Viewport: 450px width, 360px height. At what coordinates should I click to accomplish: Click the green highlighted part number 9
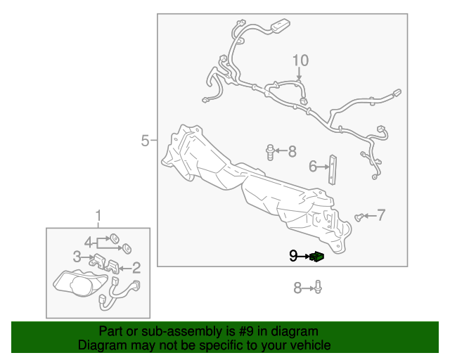pos(317,256)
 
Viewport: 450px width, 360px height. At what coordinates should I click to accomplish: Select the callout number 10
pos(300,60)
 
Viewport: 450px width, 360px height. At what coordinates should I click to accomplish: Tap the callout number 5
pos(146,141)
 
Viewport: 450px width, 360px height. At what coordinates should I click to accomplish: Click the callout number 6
pos(312,167)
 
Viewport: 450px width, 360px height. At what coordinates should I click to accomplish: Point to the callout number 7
pos(380,215)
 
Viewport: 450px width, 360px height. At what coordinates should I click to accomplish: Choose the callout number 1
pos(98,216)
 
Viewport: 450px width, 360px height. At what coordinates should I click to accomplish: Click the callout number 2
pos(136,268)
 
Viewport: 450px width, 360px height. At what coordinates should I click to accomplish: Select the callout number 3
pos(77,257)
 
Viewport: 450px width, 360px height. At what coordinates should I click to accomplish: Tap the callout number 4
pos(89,243)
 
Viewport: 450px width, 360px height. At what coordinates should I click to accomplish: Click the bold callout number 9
pos(293,256)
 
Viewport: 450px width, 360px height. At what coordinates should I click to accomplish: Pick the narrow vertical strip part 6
pos(333,169)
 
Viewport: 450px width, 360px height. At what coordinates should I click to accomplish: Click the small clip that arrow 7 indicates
pos(359,217)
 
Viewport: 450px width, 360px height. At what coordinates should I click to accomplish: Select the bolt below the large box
pos(318,287)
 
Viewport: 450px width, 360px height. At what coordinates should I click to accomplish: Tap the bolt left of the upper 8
pos(270,153)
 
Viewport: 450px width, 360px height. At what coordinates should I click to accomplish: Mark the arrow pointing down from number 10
pos(300,74)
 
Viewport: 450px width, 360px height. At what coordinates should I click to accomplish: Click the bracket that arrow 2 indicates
pos(112,266)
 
